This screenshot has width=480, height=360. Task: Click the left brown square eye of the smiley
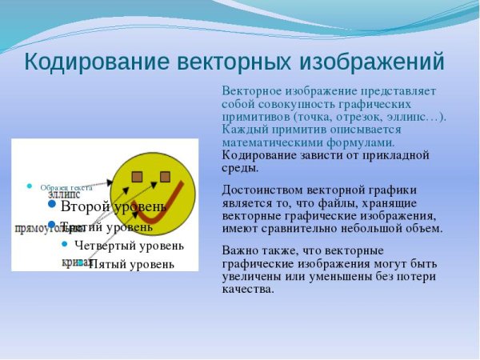(137, 176)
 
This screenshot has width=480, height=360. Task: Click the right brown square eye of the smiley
(166, 176)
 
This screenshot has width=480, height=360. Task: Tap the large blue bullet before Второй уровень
(51, 205)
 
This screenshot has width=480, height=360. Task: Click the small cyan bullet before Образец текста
(30, 186)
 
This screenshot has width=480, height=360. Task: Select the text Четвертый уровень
(129, 245)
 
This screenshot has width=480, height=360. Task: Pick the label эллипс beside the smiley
(63, 194)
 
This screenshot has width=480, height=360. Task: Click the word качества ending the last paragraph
(248, 289)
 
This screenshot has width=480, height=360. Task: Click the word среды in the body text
(239, 167)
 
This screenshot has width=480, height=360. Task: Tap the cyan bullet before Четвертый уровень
(64, 245)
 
